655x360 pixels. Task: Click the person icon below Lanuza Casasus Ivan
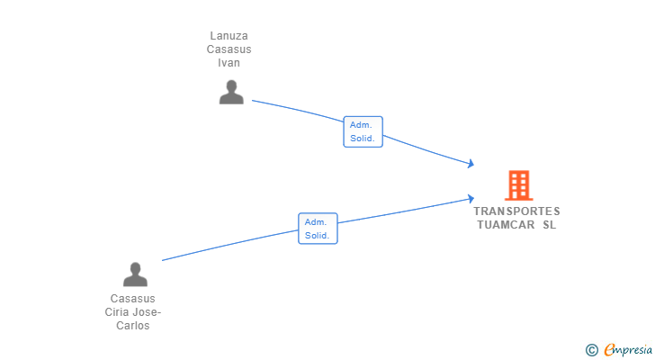point(231,93)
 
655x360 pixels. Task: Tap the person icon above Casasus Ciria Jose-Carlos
point(135,274)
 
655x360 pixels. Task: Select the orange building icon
point(519,185)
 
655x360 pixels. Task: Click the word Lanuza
point(229,36)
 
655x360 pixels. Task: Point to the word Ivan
point(229,63)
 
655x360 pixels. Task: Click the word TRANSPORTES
point(516,211)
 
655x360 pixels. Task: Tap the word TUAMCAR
point(506,225)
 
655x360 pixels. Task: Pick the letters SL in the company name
point(550,225)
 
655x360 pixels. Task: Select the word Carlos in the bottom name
point(133,325)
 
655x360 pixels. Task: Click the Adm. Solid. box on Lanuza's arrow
point(363,131)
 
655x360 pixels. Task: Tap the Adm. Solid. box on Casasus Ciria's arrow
point(318,229)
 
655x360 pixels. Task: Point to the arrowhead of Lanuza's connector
point(471,164)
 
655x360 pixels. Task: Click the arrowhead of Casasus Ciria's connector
point(471,199)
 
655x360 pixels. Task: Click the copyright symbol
point(591,350)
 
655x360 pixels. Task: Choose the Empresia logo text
point(628,349)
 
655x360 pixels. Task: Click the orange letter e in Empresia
point(610,349)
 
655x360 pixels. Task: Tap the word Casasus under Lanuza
point(229,49)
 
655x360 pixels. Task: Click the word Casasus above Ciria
point(133,299)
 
